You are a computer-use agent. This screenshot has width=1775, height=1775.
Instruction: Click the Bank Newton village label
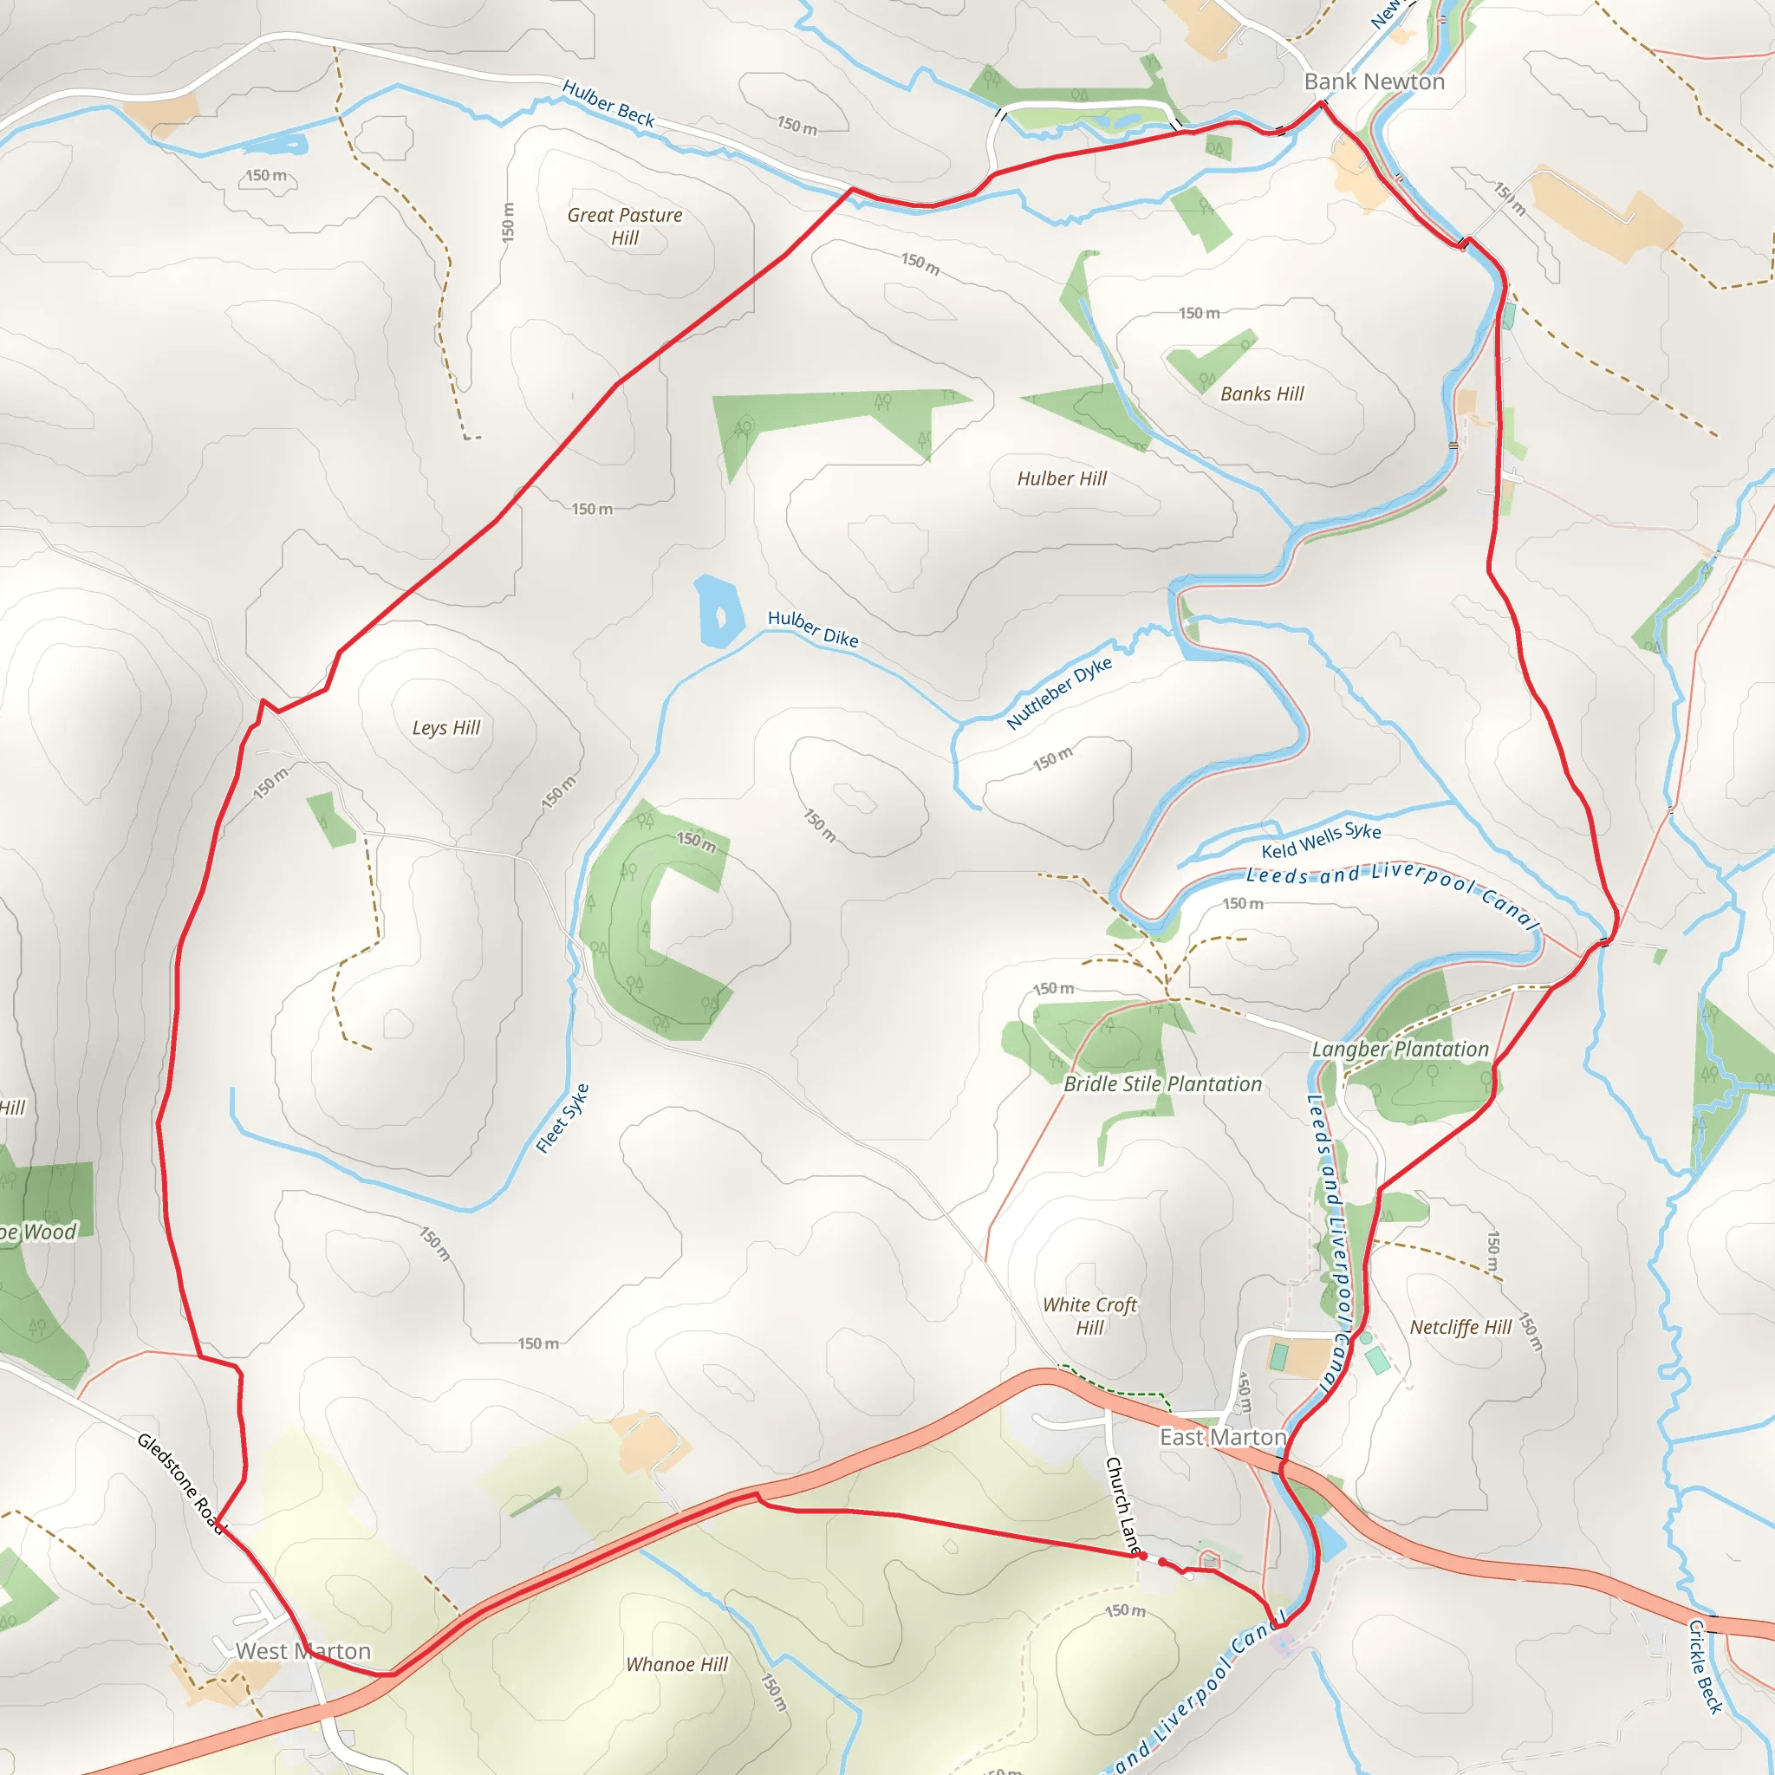click(x=1374, y=81)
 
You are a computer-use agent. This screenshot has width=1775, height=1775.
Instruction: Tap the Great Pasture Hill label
click(x=625, y=226)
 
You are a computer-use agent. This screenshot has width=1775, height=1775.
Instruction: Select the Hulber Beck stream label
click(x=608, y=103)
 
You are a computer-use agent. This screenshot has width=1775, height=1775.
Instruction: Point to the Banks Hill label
click(x=1261, y=394)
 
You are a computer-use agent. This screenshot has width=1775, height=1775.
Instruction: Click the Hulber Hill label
click(x=1061, y=478)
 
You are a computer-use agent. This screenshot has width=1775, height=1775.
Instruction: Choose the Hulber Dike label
click(x=813, y=628)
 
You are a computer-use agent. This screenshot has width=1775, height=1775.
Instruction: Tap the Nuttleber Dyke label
click(x=1058, y=692)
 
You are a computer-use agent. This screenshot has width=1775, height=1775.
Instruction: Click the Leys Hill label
click(x=445, y=728)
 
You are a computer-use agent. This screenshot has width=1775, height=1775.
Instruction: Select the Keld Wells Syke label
click(x=1320, y=840)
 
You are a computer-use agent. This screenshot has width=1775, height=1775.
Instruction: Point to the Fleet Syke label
click(x=562, y=1117)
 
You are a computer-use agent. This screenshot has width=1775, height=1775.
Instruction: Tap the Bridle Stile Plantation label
click(x=1162, y=1084)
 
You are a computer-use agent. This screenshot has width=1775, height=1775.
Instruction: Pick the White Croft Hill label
click(x=1089, y=1316)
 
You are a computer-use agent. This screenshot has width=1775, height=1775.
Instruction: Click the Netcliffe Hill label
click(x=1460, y=1327)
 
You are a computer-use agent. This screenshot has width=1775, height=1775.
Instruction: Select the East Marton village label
click(x=1222, y=1437)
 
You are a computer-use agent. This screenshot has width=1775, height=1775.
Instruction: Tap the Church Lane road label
click(x=1122, y=1504)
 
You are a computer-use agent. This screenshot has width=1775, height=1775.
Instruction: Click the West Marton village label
click(x=303, y=1651)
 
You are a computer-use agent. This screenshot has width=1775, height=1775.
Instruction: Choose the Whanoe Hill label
click(x=676, y=1665)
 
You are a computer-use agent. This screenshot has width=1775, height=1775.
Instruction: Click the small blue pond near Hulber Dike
click(x=716, y=611)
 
